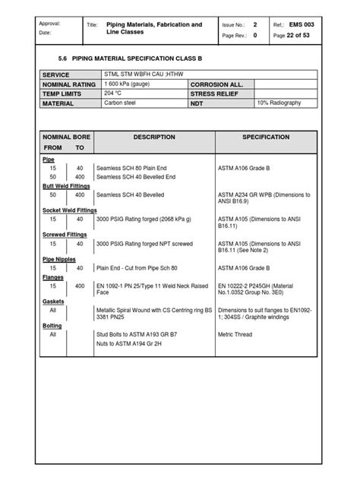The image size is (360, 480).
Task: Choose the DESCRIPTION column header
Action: tap(154, 137)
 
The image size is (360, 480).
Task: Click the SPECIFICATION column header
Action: tap(265, 137)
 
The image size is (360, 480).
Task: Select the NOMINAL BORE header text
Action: tap(67, 137)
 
